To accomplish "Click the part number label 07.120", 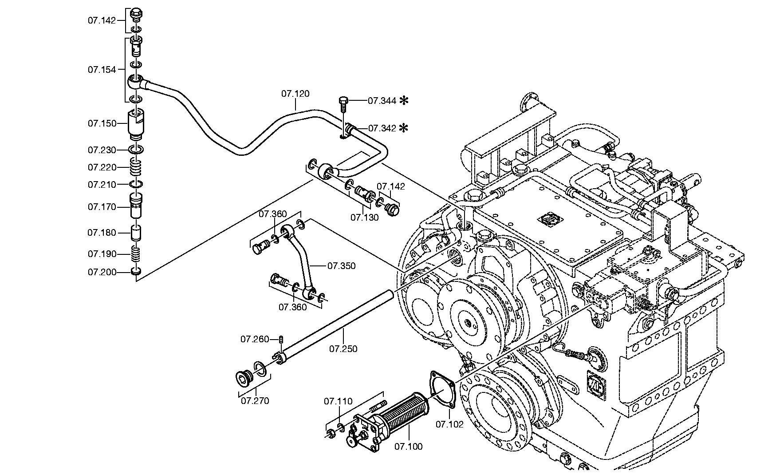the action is click(295, 94).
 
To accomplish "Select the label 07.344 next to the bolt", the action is click(382, 101).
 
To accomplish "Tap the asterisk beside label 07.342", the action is click(403, 128).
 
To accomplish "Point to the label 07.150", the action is click(102, 123).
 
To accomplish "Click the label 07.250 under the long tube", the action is click(343, 349).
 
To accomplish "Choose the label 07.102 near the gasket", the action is click(449, 424).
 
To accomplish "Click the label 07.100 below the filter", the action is click(408, 447).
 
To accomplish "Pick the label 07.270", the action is click(255, 401).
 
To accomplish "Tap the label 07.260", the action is click(255, 340).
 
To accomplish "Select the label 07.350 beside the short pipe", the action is click(341, 266).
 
